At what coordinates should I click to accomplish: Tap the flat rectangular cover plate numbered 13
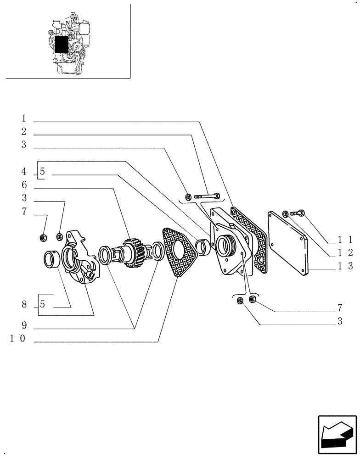pos(287,243)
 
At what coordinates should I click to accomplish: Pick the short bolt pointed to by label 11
pos(299,213)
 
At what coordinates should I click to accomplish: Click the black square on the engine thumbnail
pos(61,45)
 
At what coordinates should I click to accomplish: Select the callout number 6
pos(24,185)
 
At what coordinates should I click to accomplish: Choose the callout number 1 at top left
pos(24,118)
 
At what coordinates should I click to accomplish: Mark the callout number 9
pos(24,325)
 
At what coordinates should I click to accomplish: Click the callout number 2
pos(24,132)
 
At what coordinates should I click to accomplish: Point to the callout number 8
pos(24,304)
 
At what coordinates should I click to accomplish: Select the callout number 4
pos(24,172)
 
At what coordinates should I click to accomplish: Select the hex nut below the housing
pos(252,300)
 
